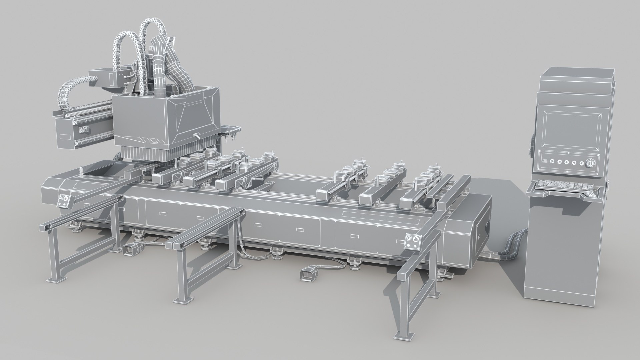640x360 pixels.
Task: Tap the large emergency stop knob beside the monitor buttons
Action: coord(589,163)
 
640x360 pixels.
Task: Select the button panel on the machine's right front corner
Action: coord(412,241)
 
